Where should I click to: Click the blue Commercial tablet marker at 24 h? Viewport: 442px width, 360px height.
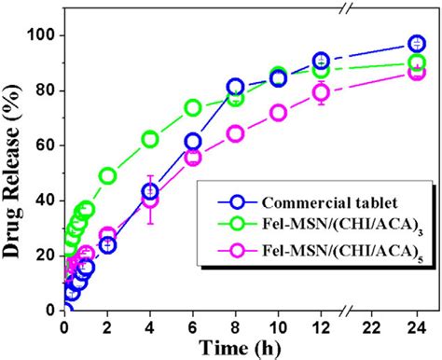pyautogui.click(x=417, y=44)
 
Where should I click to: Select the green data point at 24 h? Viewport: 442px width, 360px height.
pyautogui.click(x=417, y=63)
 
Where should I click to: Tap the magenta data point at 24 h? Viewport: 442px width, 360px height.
pyautogui.click(x=417, y=72)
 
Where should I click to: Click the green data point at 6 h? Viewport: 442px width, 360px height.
pyautogui.click(x=192, y=107)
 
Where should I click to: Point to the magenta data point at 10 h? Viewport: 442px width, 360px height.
pyautogui.click(x=278, y=112)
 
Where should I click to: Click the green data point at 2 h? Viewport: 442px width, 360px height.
pyautogui.click(x=107, y=175)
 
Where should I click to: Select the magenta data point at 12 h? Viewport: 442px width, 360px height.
pyautogui.click(x=321, y=92)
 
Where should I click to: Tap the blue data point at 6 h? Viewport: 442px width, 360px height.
pyautogui.click(x=192, y=141)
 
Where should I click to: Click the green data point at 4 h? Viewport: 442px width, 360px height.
pyautogui.click(x=149, y=139)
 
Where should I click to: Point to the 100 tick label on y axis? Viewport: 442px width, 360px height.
pyautogui.click(x=41, y=35)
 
